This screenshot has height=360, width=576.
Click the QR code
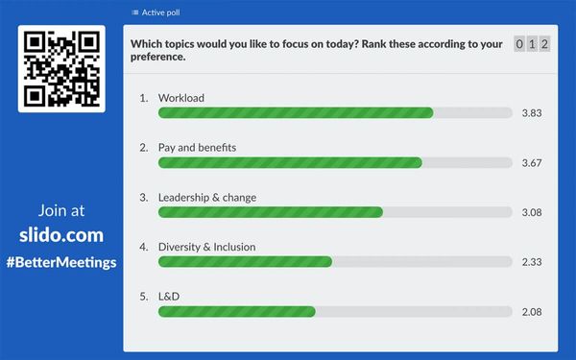point(61,69)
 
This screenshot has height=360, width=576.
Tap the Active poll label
point(158,13)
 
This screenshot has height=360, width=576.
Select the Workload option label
point(180,98)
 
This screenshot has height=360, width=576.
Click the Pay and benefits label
point(197,148)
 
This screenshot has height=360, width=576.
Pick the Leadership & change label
point(206,198)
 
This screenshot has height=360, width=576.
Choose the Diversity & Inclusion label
point(206,247)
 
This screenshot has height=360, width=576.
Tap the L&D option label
point(169,297)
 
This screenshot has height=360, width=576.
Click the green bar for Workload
point(296,113)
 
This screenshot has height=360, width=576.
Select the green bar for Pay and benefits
point(290,163)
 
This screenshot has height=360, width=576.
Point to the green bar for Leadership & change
point(271,212)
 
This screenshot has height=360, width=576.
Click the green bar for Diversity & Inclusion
point(245,262)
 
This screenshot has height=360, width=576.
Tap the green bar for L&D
point(237,312)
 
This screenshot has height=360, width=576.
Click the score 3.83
point(532,113)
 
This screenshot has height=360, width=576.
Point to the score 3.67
point(532,163)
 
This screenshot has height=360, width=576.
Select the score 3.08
point(532,212)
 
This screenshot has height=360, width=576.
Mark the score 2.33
point(532,262)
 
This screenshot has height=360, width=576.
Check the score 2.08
point(532,312)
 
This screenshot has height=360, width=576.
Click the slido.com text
point(61,235)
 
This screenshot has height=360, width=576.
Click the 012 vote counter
point(532,44)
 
